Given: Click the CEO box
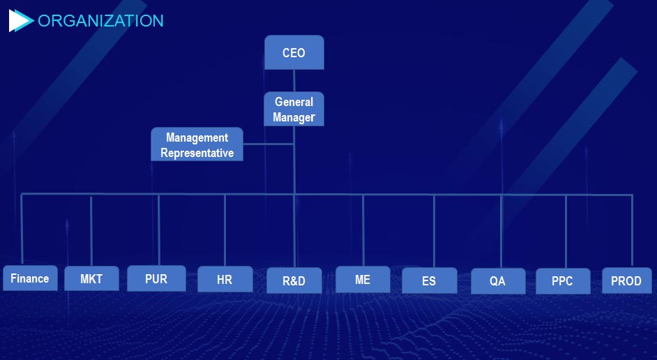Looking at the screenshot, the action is (x=294, y=52).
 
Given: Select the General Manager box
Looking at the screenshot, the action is (x=294, y=109).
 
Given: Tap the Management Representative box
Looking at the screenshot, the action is (x=197, y=144).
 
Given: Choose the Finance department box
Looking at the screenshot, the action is (x=30, y=278).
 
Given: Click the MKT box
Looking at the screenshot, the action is (x=91, y=278).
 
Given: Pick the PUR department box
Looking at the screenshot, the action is (x=156, y=278).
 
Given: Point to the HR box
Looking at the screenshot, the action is (x=225, y=279).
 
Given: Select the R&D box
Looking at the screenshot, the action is (x=294, y=280).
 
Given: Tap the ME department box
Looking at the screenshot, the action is (x=363, y=280).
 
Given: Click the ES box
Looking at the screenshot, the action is (x=430, y=280).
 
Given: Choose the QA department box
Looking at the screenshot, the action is (x=498, y=280).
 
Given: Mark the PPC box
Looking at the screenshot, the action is (x=563, y=280).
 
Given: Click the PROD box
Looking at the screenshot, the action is (x=627, y=280).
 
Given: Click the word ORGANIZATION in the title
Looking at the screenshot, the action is (x=100, y=20).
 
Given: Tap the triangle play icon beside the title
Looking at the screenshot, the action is (x=20, y=20).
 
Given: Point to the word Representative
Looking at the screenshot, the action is (x=197, y=153).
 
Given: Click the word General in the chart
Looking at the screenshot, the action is (x=294, y=102).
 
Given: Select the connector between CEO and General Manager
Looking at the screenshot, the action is (x=294, y=80).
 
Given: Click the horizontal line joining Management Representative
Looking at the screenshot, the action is (x=268, y=144).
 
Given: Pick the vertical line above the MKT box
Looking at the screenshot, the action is (x=91, y=230).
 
